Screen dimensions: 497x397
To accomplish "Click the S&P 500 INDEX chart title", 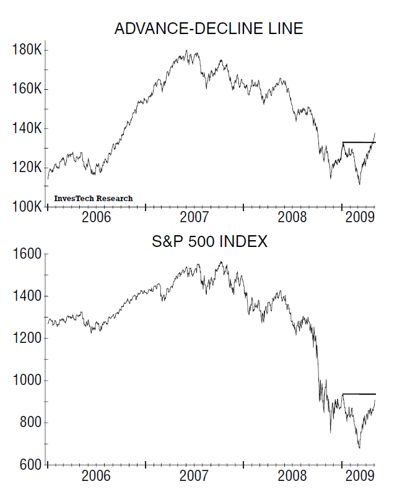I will click(x=210, y=242).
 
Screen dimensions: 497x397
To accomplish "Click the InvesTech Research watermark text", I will click(x=93, y=199).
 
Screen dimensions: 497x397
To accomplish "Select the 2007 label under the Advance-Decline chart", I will click(x=194, y=217).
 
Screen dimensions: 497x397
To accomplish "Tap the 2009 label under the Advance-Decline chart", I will click(x=359, y=217).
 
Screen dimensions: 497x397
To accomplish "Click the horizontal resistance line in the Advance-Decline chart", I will click(x=359, y=142).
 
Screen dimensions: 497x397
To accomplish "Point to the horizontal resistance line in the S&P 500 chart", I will click(x=359, y=394).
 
